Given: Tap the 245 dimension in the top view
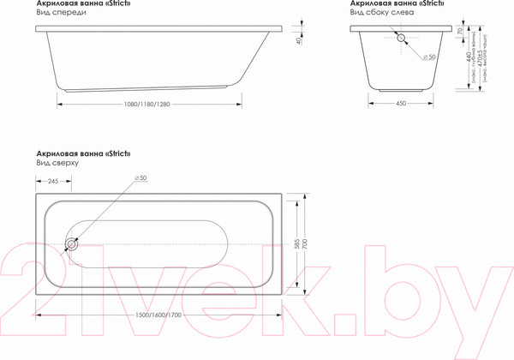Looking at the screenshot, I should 53,181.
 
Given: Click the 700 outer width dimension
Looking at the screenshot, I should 308,244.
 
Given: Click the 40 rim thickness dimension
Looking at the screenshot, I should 297,39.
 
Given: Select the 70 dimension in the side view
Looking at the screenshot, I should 460,32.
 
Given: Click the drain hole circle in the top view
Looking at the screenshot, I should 72,244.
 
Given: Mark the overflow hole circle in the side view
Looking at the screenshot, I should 401,39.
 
